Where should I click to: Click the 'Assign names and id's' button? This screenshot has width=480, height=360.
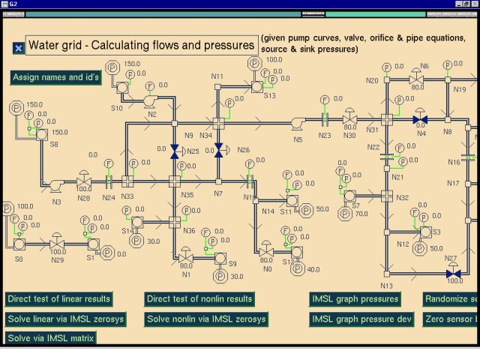(56, 77)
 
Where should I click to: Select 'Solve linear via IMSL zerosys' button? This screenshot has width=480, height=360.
(64, 319)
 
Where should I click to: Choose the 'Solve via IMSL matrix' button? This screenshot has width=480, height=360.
(50, 338)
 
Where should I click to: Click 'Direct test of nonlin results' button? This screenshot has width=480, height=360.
(199, 299)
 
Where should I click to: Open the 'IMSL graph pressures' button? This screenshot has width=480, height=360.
(355, 299)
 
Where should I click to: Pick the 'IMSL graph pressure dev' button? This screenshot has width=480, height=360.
(361, 319)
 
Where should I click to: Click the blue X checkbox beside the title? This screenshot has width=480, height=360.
(19, 48)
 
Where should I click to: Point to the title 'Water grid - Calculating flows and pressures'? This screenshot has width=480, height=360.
(142, 46)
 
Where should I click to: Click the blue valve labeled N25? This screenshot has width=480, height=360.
(175, 151)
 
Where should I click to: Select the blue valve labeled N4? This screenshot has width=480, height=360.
(421, 119)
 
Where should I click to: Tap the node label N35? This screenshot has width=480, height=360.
(187, 195)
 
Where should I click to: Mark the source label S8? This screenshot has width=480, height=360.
(54, 144)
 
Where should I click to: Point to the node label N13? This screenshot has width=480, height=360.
(386, 286)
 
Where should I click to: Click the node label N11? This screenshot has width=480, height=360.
(217, 76)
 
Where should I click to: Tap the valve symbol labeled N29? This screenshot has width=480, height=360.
(58, 242)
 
